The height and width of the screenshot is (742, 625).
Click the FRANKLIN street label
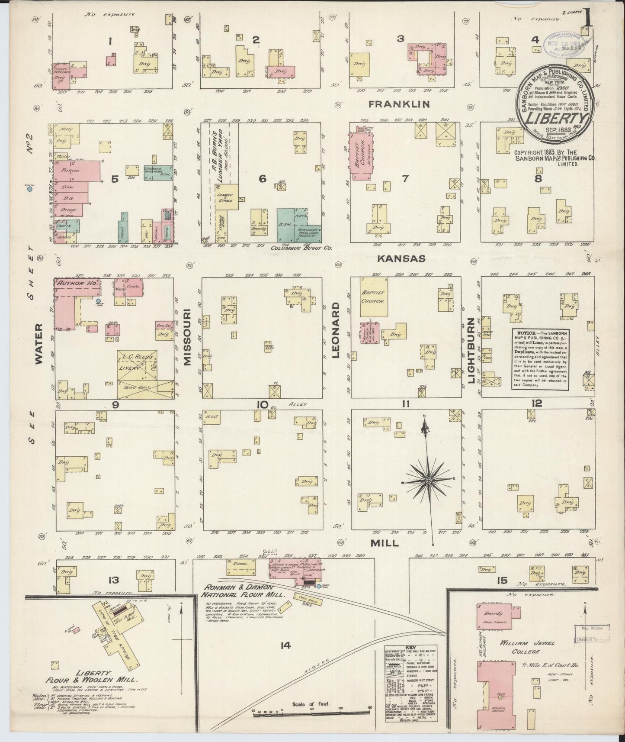pos(399,104)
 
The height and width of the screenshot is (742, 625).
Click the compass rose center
pos(428,481)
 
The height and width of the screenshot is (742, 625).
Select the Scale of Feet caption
pos(311,703)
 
